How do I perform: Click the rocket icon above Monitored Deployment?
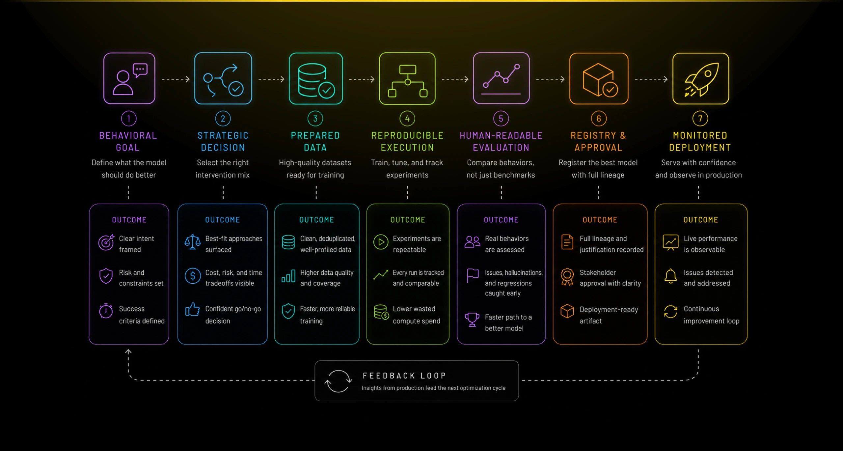pyautogui.click(x=701, y=79)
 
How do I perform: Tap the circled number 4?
pyautogui.click(x=407, y=119)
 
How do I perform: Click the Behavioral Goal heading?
pyautogui.click(x=128, y=141)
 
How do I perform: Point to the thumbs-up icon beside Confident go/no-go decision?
pyautogui.click(x=193, y=310)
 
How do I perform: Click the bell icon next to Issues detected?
pyautogui.click(x=670, y=276)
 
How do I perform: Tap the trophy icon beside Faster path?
pyautogui.click(x=472, y=319)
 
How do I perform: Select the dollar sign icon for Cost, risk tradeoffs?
pyautogui.click(x=193, y=276)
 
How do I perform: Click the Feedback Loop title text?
pyautogui.click(x=404, y=376)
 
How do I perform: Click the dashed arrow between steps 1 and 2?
pyautogui.click(x=176, y=79)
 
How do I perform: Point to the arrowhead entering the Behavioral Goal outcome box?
pyautogui.click(x=128, y=352)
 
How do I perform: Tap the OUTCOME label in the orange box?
pyautogui.click(x=600, y=220)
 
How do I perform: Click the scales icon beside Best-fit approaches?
pyautogui.click(x=193, y=242)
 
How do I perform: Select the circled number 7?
pyautogui.click(x=700, y=119)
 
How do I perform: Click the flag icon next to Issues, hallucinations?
pyautogui.click(x=472, y=275)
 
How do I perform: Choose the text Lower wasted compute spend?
pyautogui.click(x=416, y=315)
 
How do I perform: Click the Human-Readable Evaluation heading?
pyautogui.click(x=501, y=141)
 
